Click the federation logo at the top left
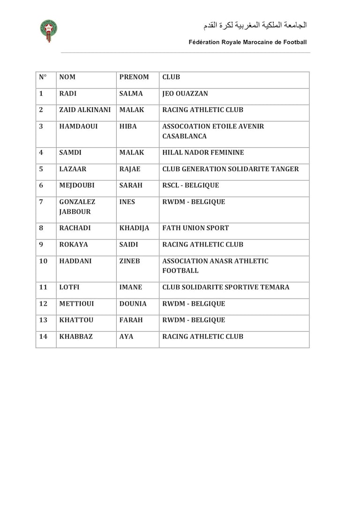(48, 30)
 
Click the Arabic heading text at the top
(255, 25)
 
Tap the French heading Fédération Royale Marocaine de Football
(247, 42)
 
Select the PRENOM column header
(134, 77)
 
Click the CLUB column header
(171, 77)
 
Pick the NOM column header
(67, 77)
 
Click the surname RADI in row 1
(68, 94)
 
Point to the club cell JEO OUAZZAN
(185, 94)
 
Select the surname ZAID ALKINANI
(85, 110)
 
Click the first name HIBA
(128, 127)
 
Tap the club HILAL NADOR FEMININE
(203, 153)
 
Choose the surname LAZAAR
(72, 169)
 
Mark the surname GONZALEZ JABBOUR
(77, 207)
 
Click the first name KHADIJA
(135, 228)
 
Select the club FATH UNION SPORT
(195, 228)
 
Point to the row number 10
(43, 261)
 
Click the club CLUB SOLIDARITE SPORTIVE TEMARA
(225, 287)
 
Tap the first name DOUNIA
(133, 304)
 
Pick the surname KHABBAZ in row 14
(77, 337)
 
